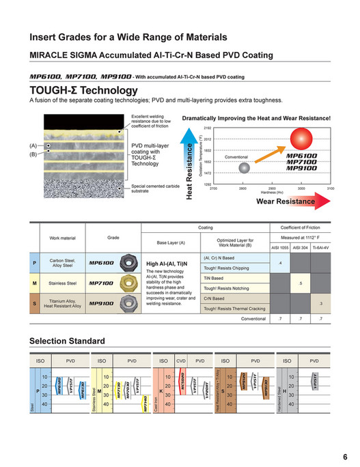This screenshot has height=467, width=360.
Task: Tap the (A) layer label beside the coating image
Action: (x=33, y=146)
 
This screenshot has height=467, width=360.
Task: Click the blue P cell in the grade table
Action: (x=34, y=262)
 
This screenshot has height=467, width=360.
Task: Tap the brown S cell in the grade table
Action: (x=34, y=302)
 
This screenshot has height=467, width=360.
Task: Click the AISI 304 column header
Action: (x=301, y=248)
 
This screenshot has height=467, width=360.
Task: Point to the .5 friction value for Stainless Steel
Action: (x=301, y=283)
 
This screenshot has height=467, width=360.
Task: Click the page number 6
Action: (x=345, y=457)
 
